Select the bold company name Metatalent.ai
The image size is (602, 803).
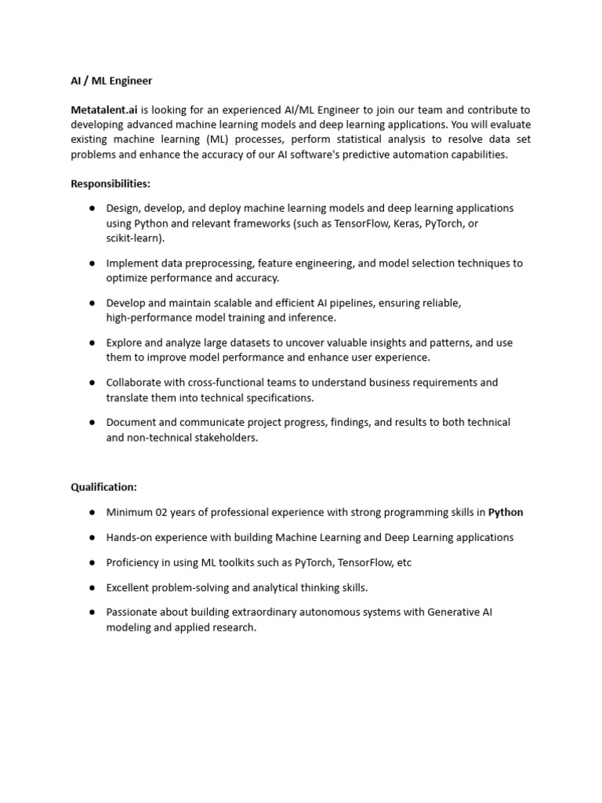pos(103,111)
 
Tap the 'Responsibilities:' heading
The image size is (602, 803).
pos(111,183)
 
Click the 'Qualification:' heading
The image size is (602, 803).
pos(103,487)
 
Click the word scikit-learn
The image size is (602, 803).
pos(134,238)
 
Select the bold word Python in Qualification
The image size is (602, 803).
pos(506,512)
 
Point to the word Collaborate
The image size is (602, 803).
pos(134,383)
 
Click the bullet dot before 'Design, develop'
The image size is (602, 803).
pos(92,208)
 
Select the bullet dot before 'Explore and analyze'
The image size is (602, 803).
pos(92,343)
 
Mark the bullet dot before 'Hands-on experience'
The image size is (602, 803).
pos(92,537)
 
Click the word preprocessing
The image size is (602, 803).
pos(208,263)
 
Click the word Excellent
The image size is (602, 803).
pos(129,587)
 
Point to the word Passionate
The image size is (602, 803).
pos(133,612)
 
